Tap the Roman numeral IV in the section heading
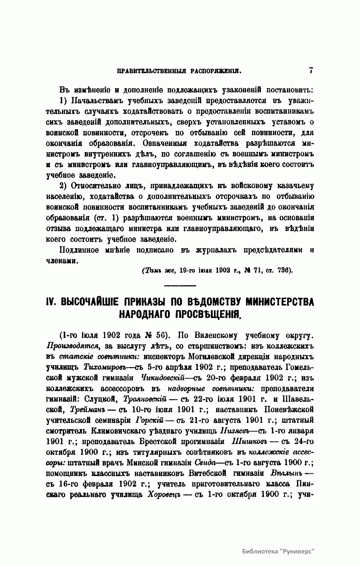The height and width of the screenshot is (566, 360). pos(52,301)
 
